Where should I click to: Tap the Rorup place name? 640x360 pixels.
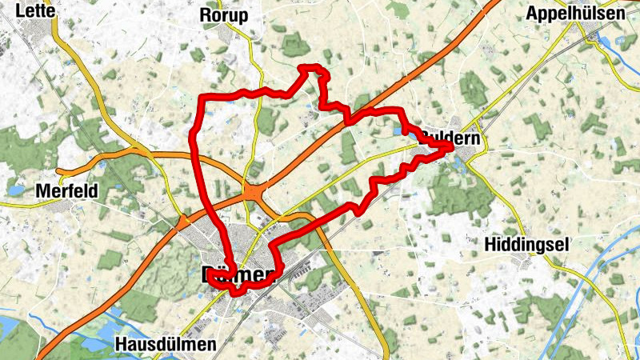223,16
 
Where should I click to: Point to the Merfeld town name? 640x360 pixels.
67,192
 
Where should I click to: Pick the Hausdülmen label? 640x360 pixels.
166,345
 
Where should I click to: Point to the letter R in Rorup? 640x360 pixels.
206,16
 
